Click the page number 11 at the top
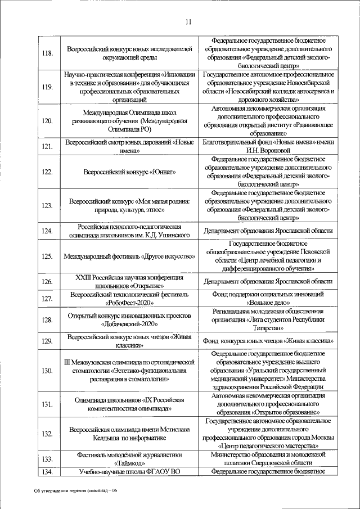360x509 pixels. [188, 22]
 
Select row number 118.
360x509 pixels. [48, 53]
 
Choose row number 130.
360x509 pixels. [48, 370]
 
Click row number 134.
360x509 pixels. [48, 471]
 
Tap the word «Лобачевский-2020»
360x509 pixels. [130, 325]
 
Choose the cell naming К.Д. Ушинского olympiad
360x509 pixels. [130, 231]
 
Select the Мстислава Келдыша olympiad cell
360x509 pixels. [130, 433]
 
